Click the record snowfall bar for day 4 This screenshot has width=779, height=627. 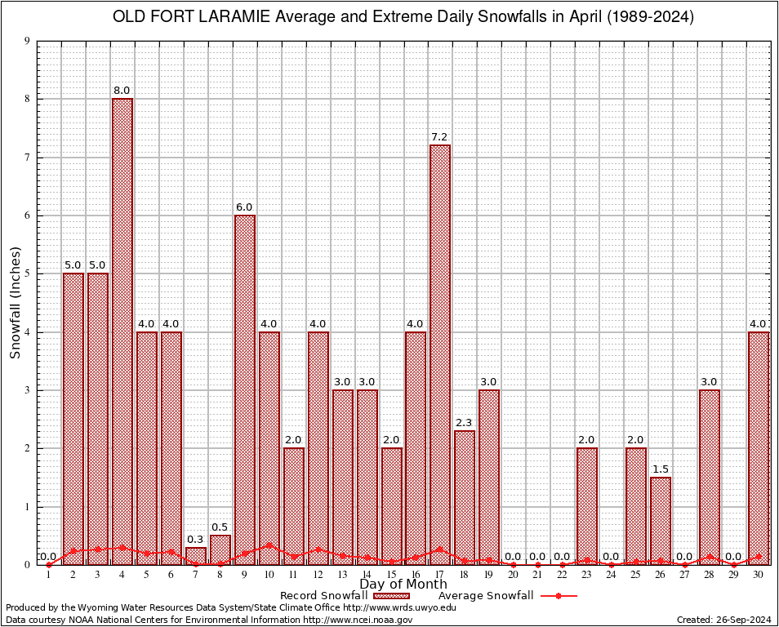tap(122, 331)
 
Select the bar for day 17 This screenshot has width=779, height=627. tap(440, 354)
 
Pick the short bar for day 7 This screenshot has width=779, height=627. tap(196, 556)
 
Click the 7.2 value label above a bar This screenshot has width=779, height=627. tap(440, 137)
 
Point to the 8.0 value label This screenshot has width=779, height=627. tap(122, 91)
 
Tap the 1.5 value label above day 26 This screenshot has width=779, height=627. tap(661, 469)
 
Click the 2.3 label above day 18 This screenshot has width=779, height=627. tap(465, 423)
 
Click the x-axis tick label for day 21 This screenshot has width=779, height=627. tap(538, 574)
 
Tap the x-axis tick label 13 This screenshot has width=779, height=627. tap(342, 574)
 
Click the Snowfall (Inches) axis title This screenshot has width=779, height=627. tap(15, 302)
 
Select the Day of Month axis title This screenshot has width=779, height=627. tap(403, 585)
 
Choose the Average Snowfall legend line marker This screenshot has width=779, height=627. tap(558, 596)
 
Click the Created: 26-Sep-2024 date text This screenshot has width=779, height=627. tap(723, 620)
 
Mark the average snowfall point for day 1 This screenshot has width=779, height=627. tap(49, 564)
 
